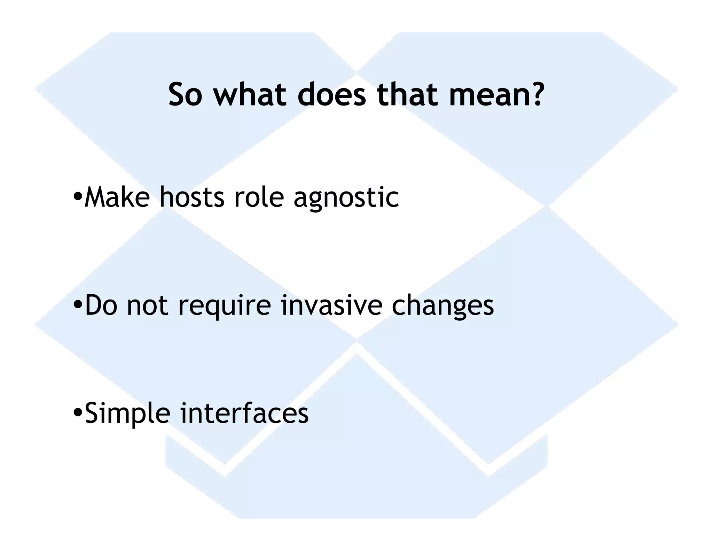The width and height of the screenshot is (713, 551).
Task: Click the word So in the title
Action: (x=185, y=95)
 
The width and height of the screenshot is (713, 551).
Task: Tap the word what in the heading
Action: (x=250, y=95)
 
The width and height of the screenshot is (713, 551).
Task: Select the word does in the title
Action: (x=332, y=95)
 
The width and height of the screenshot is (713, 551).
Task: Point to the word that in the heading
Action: (x=407, y=95)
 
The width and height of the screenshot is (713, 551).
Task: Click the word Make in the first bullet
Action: (x=117, y=197)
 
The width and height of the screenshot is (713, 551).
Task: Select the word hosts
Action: (x=192, y=197)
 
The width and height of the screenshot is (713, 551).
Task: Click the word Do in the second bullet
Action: (x=101, y=305)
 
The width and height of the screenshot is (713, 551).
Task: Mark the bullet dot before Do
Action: (x=78, y=305)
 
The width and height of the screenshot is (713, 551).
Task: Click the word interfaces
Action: (x=244, y=413)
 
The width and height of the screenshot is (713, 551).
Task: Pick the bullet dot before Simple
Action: (x=78, y=413)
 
